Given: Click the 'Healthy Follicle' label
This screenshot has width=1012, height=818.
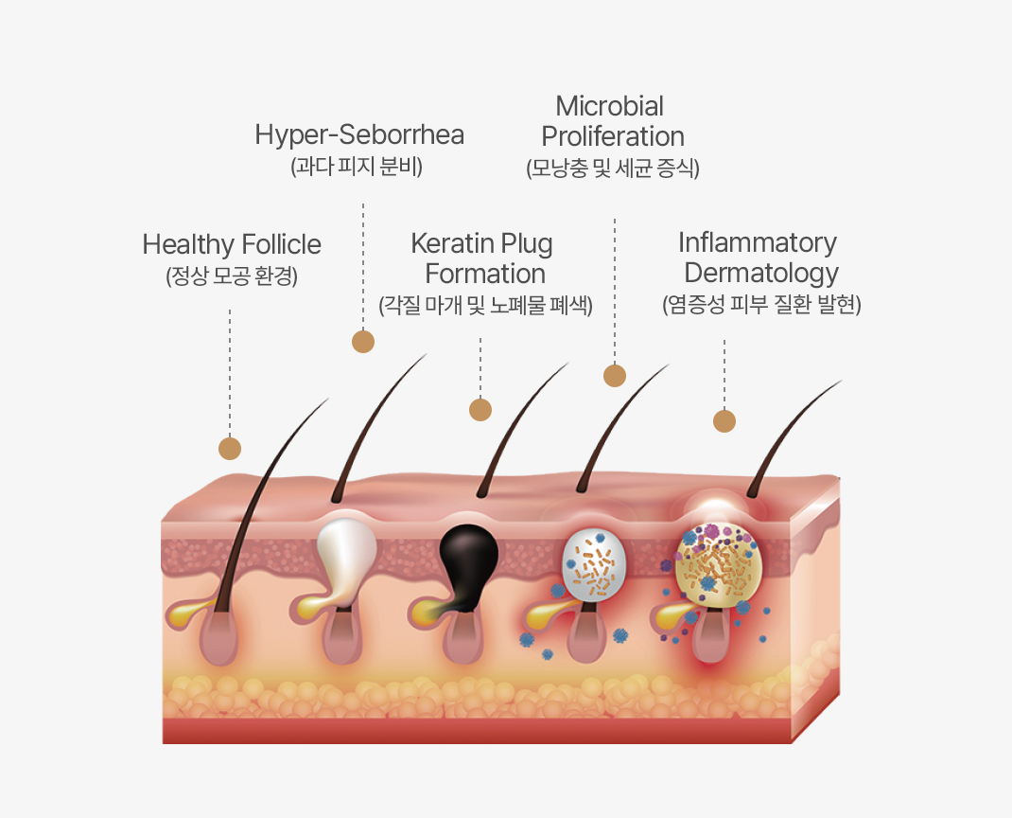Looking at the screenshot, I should (232, 244).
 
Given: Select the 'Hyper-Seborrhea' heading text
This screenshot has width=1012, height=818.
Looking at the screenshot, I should (359, 134).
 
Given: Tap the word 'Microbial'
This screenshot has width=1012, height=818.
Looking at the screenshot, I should (609, 105).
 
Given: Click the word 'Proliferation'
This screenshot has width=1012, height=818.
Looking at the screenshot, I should (613, 135).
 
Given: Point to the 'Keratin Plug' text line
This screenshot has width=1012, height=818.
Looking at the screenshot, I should (481, 243).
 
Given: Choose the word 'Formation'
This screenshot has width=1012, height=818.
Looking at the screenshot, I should (485, 274).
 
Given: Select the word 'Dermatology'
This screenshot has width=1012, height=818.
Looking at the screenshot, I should (761, 273).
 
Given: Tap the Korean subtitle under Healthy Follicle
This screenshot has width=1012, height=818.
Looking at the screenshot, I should (232, 276).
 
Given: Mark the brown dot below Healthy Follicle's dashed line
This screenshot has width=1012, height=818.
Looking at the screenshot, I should (230, 449).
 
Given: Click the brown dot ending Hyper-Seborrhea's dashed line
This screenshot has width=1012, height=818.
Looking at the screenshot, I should (363, 342).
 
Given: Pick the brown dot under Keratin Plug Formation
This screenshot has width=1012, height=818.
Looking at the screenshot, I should (480, 410).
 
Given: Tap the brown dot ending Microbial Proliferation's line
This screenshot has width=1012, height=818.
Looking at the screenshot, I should (615, 376).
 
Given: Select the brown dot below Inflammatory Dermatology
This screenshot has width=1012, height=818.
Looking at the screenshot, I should (724, 421).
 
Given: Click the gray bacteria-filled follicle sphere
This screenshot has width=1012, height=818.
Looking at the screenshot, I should (594, 564).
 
